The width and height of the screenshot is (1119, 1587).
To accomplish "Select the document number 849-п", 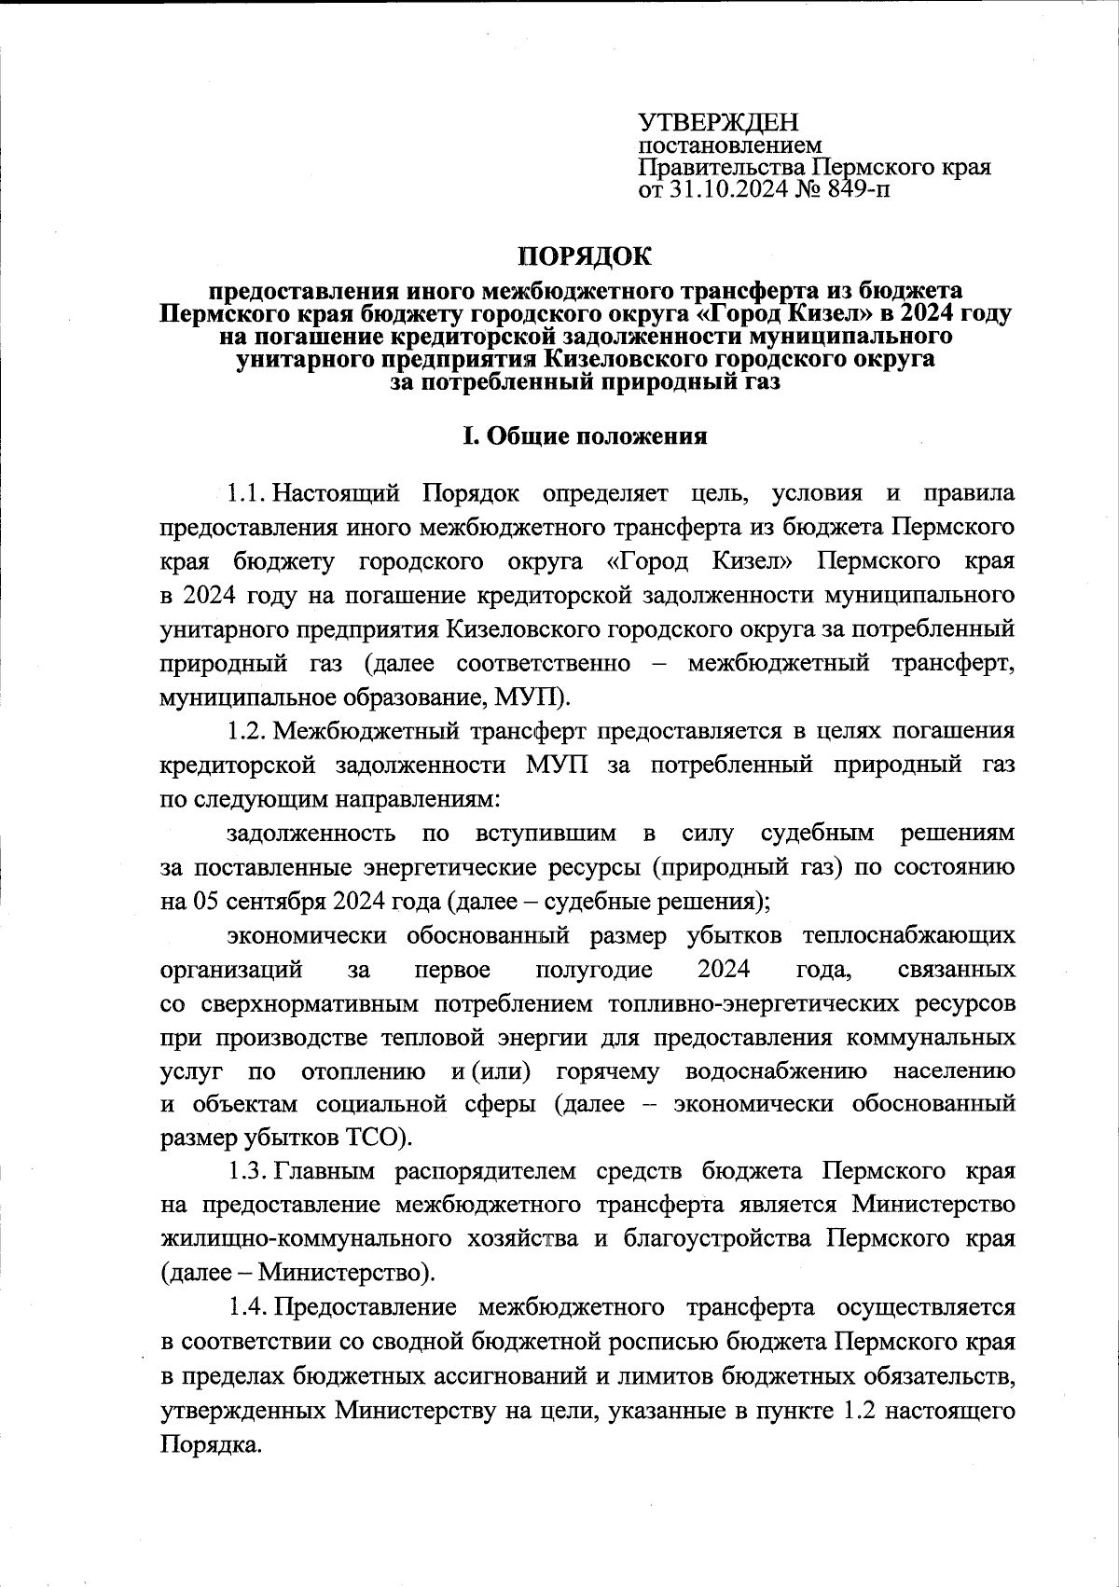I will pos(850,192).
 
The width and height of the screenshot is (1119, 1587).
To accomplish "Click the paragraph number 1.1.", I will pos(248,491).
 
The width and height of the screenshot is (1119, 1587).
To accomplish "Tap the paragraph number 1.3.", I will pos(248,1170).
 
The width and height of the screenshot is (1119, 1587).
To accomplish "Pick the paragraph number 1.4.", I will pos(248,1307).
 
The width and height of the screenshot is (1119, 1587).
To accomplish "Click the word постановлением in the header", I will pos(729,146).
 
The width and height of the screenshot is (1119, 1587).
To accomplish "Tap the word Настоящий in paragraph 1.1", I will pos(337,491).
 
